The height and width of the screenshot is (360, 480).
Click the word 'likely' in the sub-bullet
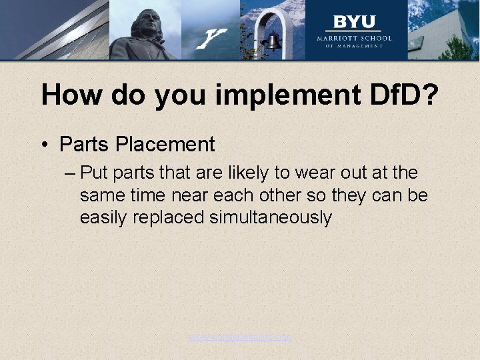[245, 173]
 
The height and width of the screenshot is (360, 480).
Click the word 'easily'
[101, 217]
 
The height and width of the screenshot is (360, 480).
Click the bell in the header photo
[273, 43]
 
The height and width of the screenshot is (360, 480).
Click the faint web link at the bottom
[240, 337]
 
